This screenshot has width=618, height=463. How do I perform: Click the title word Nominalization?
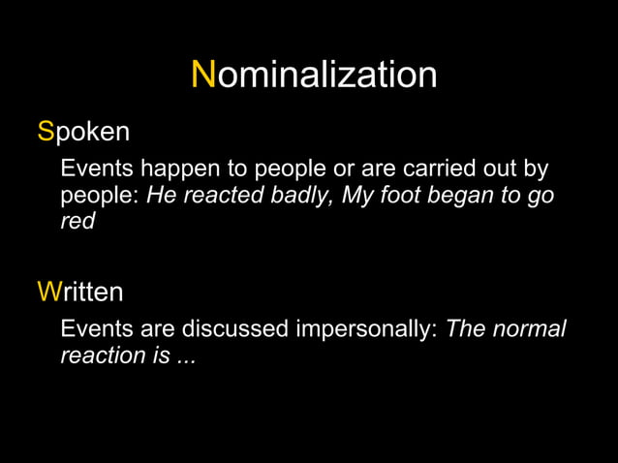(x=314, y=76)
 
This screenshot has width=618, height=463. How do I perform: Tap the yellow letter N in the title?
(x=203, y=75)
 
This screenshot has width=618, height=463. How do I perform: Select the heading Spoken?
(x=83, y=132)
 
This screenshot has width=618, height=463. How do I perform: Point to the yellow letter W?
(x=48, y=292)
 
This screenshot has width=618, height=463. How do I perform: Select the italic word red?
(x=77, y=222)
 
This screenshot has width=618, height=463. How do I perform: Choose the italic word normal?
(x=530, y=329)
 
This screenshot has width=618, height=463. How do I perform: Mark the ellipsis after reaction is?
(x=185, y=357)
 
